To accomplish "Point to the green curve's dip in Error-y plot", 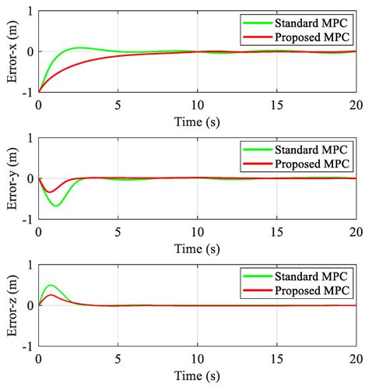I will pos(56,206).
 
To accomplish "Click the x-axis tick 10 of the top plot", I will pos(198,103).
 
